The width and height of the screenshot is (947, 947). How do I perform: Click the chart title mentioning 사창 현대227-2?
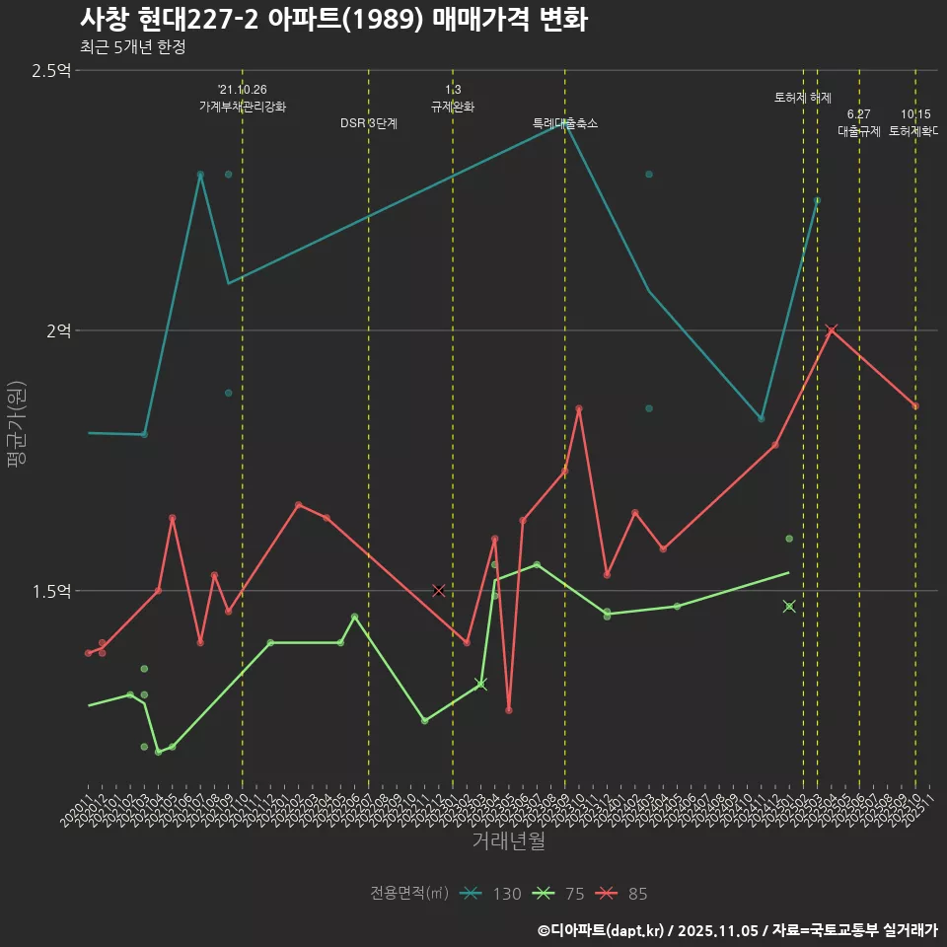(x=333, y=20)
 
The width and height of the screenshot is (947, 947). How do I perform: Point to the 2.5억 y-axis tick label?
(x=51, y=71)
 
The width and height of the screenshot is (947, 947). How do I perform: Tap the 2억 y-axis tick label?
(x=58, y=331)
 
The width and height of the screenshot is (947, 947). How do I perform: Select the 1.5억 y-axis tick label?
(x=51, y=591)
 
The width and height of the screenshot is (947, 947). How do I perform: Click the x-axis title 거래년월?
(x=508, y=841)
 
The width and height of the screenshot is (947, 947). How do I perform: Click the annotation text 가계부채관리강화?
(x=242, y=107)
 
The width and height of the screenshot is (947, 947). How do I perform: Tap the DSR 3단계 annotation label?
(x=368, y=123)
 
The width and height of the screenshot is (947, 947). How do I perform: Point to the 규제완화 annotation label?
(x=453, y=107)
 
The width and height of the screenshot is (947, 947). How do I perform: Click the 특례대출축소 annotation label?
(x=565, y=123)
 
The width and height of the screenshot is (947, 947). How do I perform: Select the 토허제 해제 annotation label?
(x=802, y=98)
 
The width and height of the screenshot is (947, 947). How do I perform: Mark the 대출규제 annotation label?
(x=858, y=130)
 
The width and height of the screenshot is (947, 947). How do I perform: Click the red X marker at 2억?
(x=831, y=330)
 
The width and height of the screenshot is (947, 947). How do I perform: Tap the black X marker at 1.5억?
(x=439, y=590)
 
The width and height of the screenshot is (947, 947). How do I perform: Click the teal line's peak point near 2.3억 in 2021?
(x=200, y=175)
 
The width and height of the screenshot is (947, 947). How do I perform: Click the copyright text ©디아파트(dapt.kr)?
(x=601, y=929)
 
